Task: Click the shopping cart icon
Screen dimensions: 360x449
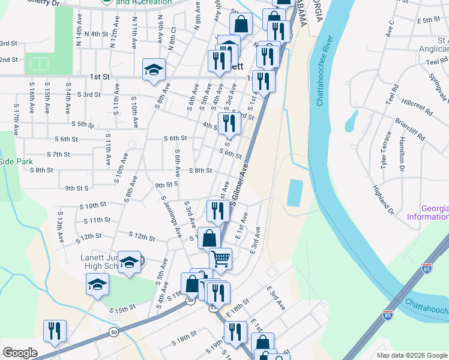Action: click(x=221, y=259)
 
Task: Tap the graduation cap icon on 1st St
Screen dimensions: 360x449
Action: click(x=154, y=70)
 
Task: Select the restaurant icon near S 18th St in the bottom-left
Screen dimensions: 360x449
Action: click(x=55, y=330)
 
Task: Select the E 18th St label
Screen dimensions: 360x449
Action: click(x=238, y=311)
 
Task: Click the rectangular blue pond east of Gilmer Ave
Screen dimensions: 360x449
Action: click(x=295, y=194)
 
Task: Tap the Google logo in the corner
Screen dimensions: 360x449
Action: click(x=20, y=353)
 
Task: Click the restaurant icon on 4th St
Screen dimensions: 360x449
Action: click(x=229, y=123)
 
